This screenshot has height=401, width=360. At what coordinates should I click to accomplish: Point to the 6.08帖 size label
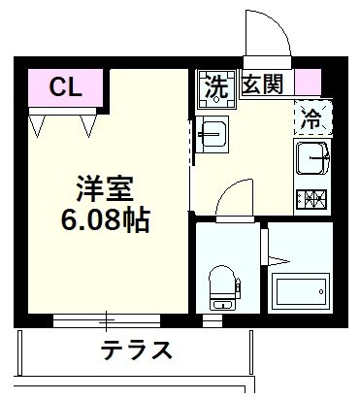106,219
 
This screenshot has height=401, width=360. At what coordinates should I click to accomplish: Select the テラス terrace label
137,350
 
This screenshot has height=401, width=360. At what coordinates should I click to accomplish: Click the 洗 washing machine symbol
215,86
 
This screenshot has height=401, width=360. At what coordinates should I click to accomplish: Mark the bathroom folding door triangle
277,259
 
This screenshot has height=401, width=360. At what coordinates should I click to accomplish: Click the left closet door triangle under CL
40,124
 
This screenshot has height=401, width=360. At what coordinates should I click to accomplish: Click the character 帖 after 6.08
136,219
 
